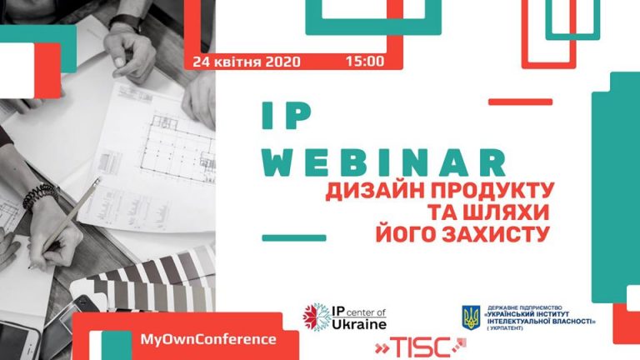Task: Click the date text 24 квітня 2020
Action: point(247,62)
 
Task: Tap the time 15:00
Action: point(365,61)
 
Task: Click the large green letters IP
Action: point(286,116)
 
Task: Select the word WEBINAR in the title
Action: point(383,162)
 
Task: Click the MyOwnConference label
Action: point(208,340)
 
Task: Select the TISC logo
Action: point(420,347)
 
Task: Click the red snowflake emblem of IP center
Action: point(317,317)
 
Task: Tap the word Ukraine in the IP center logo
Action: point(359,324)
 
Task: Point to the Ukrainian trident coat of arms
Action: point(471,317)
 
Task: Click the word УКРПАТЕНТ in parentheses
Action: point(504,328)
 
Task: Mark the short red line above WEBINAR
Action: point(520,102)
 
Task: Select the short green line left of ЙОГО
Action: point(294,238)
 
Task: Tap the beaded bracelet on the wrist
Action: point(40,196)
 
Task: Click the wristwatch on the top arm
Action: point(126,21)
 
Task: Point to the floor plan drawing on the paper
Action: point(177,147)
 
